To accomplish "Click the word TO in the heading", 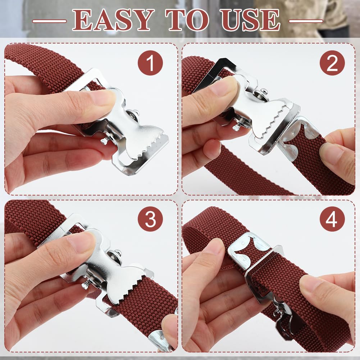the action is [x=187, y=20].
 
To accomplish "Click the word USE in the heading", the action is [x=250, y=20].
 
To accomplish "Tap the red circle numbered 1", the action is [x=150, y=63].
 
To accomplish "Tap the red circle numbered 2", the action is [x=332, y=63].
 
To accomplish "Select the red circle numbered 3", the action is [x=150, y=219].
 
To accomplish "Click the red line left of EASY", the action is [x=49, y=21].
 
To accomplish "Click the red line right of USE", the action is [x=306, y=21].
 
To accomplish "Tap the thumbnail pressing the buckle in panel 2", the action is [x=224, y=85].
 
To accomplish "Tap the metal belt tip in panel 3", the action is [x=161, y=340].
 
